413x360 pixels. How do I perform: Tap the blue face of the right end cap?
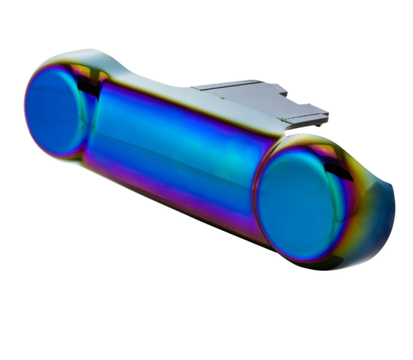[297, 203]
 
